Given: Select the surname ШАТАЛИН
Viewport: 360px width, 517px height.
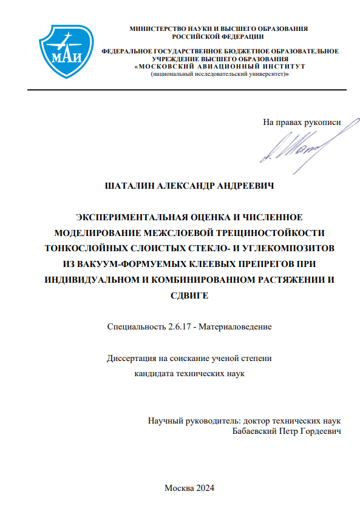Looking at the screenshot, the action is pos(130,186).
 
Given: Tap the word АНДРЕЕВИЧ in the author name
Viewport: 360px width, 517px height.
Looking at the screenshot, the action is pos(250,186).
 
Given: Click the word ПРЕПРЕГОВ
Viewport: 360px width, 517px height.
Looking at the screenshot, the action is pos(262,264).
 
